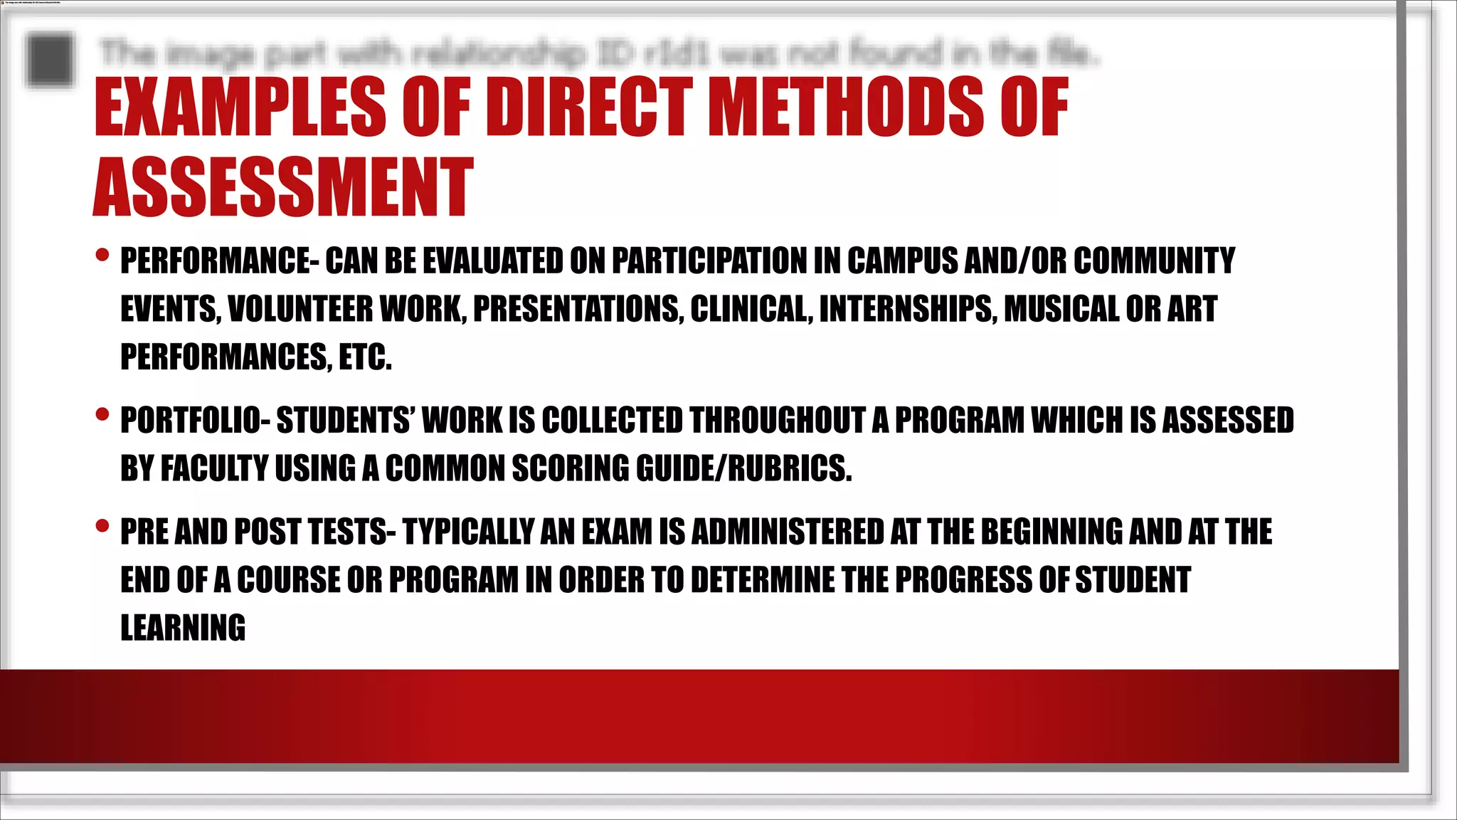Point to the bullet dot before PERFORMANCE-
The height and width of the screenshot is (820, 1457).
pyautogui.click(x=102, y=254)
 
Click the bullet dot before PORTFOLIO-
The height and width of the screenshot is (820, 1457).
pyautogui.click(x=102, y=414)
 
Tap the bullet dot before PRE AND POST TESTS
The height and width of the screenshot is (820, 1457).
pyautogui.click(x=102, y=526)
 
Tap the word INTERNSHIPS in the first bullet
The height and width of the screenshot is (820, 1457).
pyautogui.click(x=908, y=310)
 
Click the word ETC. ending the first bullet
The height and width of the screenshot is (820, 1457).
pyautogui.click(x=365, y=357)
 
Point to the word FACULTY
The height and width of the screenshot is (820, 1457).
pyautogui.click(x=214, y=469)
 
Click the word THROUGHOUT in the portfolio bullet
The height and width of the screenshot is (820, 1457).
pyautogui.click(x=777, y=421)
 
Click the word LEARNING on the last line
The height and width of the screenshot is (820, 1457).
pyautogui.click(x=183, y=629)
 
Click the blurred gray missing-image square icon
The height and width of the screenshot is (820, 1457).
pyautogui.click(x=50, y=59)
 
